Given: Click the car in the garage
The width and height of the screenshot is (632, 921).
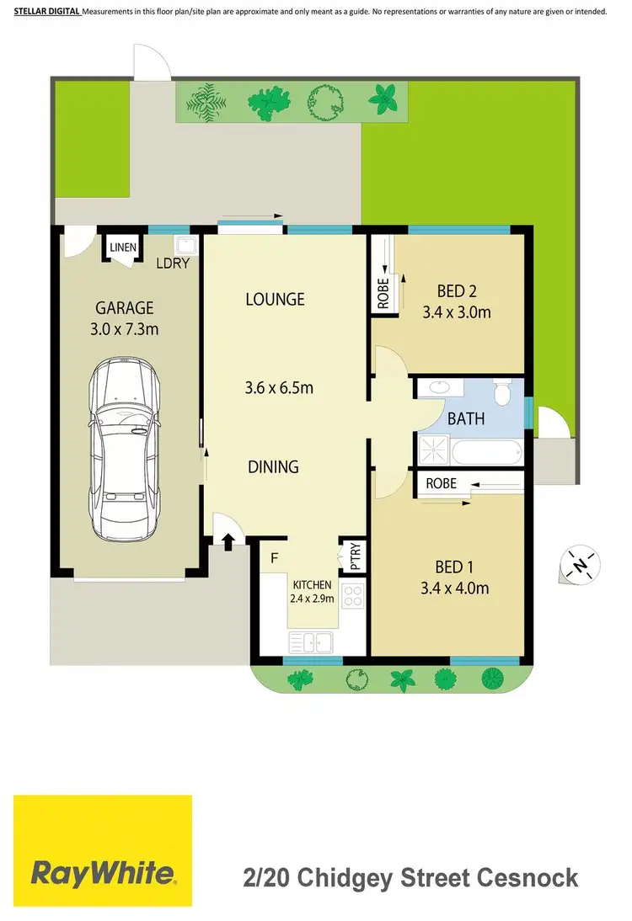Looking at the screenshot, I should tap(126, 450).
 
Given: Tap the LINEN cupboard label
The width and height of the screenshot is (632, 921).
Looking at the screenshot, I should tap(120, 247).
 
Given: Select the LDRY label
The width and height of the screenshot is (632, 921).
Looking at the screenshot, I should tap(173, 263).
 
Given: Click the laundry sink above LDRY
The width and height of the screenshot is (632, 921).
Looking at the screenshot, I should tap(185, 245).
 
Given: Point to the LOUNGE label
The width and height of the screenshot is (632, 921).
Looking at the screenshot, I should tap(275, 299).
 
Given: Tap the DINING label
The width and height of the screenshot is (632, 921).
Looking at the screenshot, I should tap(273, 466).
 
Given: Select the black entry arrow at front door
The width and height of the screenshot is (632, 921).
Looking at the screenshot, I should tap(228, 539).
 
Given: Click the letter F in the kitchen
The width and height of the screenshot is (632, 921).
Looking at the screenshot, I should tap(275, 557).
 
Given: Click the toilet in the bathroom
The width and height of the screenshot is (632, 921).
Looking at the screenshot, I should tap(503, 394).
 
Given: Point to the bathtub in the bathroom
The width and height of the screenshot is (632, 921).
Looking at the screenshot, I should tap(487, 452).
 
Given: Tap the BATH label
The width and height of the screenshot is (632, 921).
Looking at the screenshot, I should tap(466, 418).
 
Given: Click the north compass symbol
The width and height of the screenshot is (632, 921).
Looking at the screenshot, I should tap(579, 564).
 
